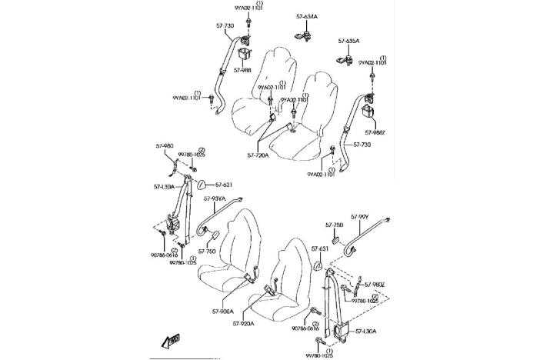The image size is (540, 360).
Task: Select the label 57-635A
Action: click(349, 40)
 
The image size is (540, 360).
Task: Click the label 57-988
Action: click(242, 70)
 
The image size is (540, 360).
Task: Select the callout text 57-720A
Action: click(260, 155)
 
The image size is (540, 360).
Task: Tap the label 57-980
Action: click(164, 145)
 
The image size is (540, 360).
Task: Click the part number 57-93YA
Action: click(215, 198)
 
